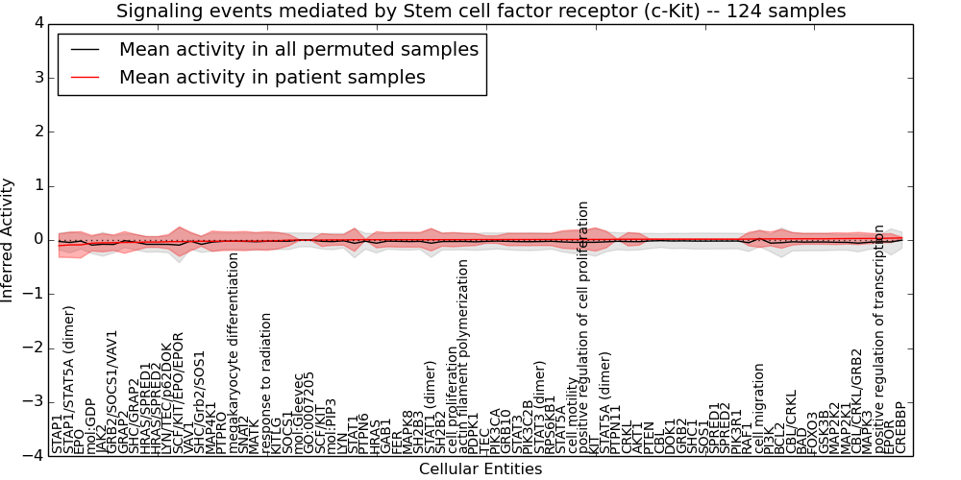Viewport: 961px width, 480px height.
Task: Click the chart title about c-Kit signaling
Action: click(x=480, y=12)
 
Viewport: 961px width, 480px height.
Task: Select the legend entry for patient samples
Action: click(x=272, y=77)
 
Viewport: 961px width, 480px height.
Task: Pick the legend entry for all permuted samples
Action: click(x=298, y=49)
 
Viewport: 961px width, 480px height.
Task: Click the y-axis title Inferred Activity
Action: click(x=9, y=240)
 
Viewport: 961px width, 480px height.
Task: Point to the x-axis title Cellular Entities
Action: click(x=480, y=469)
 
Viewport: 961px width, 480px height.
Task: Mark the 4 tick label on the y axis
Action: click(x=37, y=23)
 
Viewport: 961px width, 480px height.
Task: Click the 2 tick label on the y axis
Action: click(x=37, y=132)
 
